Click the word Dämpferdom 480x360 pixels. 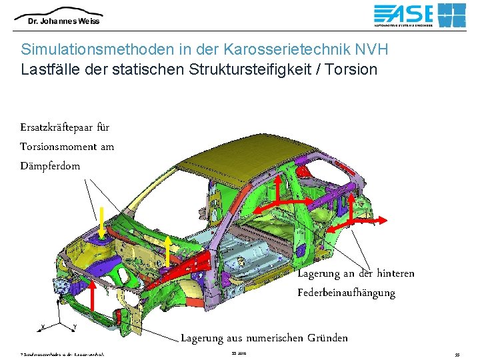point(50,165)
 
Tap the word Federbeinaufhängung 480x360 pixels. point(346,293)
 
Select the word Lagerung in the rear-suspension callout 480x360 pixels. point(318,273)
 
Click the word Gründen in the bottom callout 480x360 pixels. point(327,338)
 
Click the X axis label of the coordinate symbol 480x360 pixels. point(43,327)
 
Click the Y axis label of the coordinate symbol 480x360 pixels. point(74,327)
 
